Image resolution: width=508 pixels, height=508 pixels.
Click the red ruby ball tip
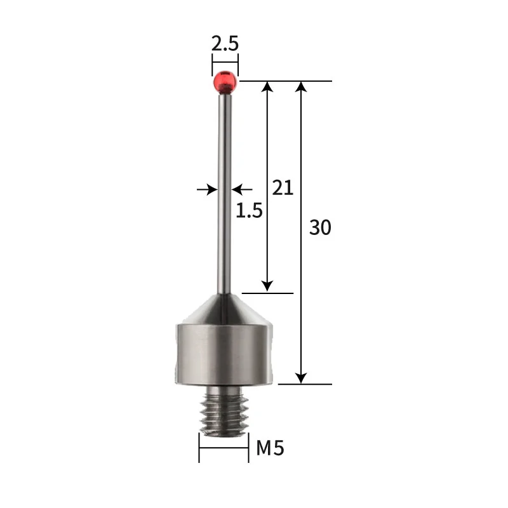pyautogui.click(x=225, y=81)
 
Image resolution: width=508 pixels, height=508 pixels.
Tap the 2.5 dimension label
pyautogui.click(x=225, y=44)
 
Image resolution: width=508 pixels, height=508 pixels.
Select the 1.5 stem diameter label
pyautogui.click(x=250, y=210)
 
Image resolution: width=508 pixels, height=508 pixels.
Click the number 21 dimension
pyautogui.click(x=283, y=187)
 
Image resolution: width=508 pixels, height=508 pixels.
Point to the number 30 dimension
pyautogui.click(x=320, y=227)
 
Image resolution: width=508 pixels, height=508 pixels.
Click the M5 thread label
pyautogui.click(x=270, y=449)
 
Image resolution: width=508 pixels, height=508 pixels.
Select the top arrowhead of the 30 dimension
pyautogui.click(x=302, y=88)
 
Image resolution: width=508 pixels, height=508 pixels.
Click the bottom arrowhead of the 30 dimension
pyautogui.click(x=302, y=377)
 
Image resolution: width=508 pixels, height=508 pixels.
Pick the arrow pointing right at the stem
pyautogui.click(x=206, y=189)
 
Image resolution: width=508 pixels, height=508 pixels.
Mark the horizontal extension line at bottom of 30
pyautogui.click(x=305, y=384)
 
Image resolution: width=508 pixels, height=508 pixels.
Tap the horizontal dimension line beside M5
pyautogui.click(x=224, y=448)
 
